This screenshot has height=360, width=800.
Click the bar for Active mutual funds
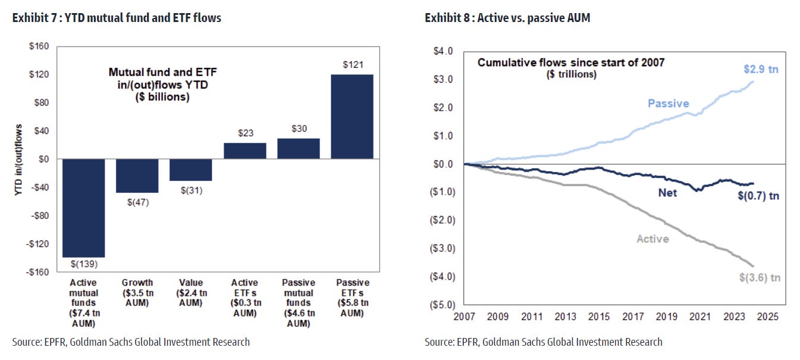tap(83, 208)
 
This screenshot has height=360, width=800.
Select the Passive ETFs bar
tap(352, 117)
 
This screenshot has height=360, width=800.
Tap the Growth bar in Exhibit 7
tap(137, 176)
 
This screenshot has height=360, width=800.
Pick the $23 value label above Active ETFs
tap(244, 134)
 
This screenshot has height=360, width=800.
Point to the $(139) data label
tap(83, 264)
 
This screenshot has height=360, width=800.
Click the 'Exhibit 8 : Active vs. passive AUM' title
tap(507, 18)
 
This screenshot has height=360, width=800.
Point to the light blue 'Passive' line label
tap(668, 104)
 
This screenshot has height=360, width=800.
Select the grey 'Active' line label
tap(652, 239)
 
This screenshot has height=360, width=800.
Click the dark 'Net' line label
tap(667, 193)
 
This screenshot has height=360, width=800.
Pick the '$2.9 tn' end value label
tap(761, 69)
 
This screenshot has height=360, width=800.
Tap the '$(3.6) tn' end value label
tap(759, 277)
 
